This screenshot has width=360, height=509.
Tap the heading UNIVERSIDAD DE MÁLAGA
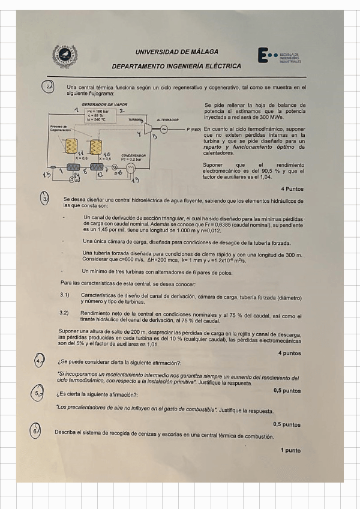pos(176,52)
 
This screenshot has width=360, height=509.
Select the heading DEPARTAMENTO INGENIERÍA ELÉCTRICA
pos(176,66)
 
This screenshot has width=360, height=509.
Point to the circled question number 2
pos(50,88)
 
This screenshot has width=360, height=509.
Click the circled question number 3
pos(46,199)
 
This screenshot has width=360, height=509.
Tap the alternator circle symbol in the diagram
pos(163,128)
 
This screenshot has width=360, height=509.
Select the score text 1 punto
pos(290,450)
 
